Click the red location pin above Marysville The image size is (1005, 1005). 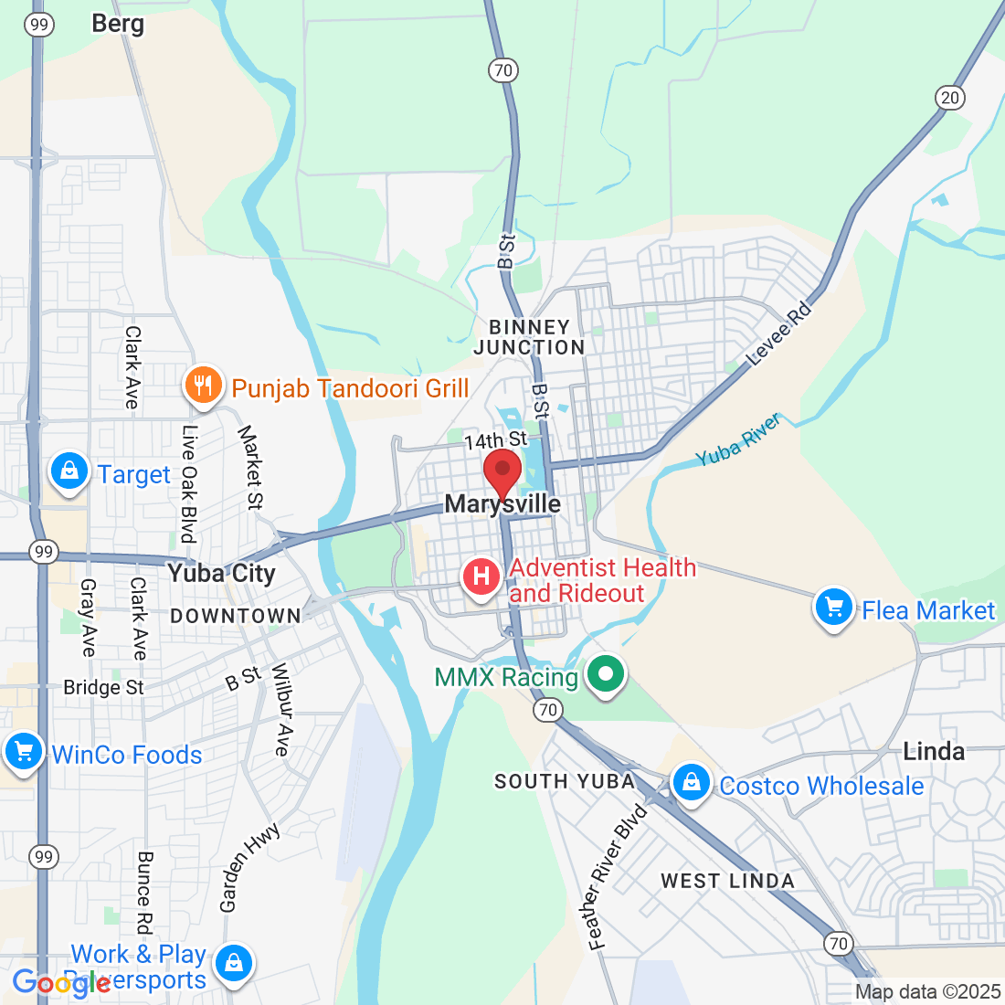(x=502, y=471)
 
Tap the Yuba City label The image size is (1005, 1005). (x=221, y=574)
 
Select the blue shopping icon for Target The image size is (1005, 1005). (x=69, y=471)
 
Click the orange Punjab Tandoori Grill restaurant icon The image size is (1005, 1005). (x=203, y=386)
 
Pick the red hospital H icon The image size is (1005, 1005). (x=481, y=577)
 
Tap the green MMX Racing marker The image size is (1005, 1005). (x=604, y=676)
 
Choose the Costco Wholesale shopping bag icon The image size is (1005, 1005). (x=692, y=784)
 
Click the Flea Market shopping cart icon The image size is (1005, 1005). (x=833, y=608)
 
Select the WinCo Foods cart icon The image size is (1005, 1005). (x=23, y=753)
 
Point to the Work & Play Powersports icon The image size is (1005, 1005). (x=234, y=964)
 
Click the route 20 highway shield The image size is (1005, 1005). (x=950, y=98)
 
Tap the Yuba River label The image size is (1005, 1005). (x=738, y=439)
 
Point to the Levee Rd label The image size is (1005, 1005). (x=779, y=334)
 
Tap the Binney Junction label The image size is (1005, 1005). (x=529, y=337)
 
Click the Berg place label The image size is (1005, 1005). (x=118, y=24)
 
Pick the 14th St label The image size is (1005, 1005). (x=495, y=441)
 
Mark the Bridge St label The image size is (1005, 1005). (x=103, y=687)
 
